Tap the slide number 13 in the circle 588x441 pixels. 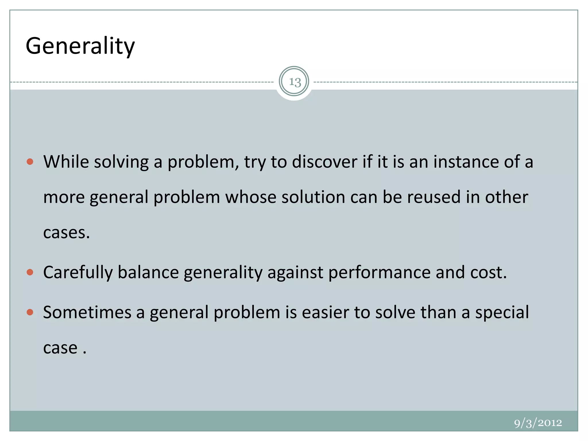point(294,82)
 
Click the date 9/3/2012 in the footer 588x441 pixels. point(538,423)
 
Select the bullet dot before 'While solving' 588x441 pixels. point(30,162)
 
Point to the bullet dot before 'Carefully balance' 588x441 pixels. point(30,272)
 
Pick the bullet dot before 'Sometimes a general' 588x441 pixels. point(30,312)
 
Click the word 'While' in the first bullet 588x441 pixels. point(66,162)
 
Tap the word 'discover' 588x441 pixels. point(325,162)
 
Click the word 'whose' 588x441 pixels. point(251,197)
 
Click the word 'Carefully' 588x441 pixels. point(78,272)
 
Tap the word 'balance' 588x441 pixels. point(148,272)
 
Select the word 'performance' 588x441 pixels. point(379,272)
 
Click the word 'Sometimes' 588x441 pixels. point(87,312)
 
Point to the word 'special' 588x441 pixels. point(502,312)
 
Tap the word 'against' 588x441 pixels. point(295,272)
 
